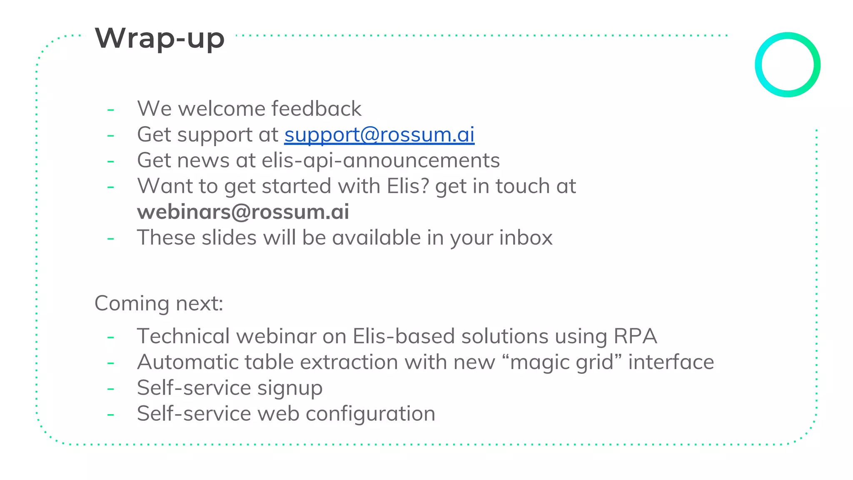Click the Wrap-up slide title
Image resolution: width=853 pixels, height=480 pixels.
tap(160, 38)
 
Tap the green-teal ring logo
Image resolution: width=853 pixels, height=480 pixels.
tap(787, 65)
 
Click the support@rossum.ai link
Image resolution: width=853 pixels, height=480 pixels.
tap(379, 135)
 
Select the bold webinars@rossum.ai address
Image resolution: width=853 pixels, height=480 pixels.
tap(243, 212)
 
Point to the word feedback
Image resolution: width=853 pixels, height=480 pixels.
tap(316, 109)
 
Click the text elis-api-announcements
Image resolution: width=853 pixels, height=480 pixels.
tap(381, 160)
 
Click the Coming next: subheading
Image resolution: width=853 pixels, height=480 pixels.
tap(159, 303)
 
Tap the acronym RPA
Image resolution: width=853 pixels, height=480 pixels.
tap(635, 336)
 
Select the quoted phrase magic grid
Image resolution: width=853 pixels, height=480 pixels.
tap(562, 362)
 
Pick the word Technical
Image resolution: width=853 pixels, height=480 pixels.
tap(183, 336)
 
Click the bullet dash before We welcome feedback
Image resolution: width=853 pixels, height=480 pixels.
tap(111, 110)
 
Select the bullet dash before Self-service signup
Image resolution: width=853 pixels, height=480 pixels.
tap(111, 389)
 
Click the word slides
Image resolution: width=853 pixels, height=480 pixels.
tap(229, 237)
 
